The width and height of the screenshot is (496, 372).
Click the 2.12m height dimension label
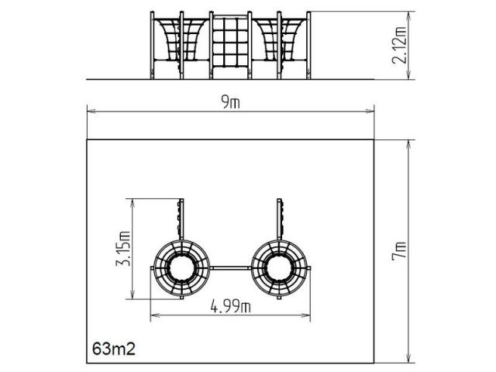[399, 45]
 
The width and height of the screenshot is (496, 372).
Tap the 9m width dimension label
[231, 102]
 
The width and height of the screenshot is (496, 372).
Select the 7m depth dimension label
[398, 250]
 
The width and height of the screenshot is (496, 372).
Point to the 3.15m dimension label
[123, 248]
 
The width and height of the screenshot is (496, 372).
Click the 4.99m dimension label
[231, 306]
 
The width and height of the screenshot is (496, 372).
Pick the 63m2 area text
[114, 349]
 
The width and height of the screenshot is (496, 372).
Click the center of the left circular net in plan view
[181, 268]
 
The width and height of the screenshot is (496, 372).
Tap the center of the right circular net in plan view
[279, 268]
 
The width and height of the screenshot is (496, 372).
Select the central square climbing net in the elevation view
[230, 42]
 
